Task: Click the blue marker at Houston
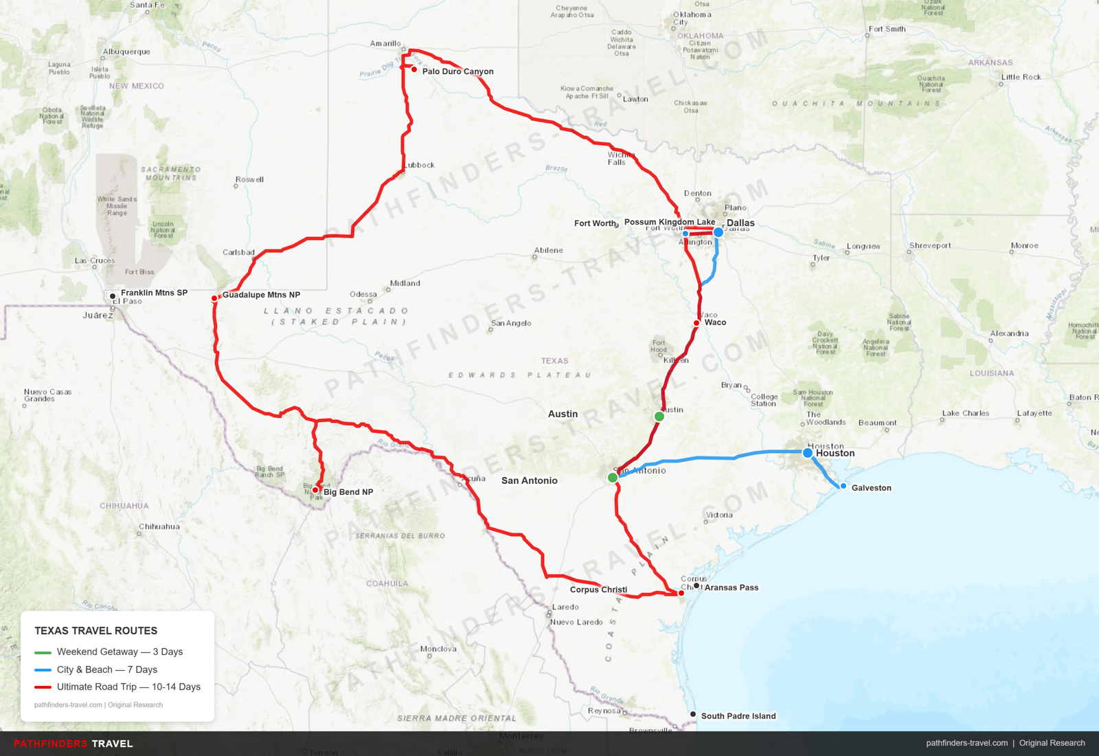click(x=808, y=453)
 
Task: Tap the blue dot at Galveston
click(x=843, y=486)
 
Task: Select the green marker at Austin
click(x=659, y=416)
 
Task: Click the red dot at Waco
click(x=696, y=323)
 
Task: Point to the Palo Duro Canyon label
click(x=457, y=71)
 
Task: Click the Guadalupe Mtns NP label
click(x=261, y=295)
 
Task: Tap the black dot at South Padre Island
click(x=693, y=715)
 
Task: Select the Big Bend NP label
click(x=348, y=492)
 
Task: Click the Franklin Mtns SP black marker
click(x=113, y=296)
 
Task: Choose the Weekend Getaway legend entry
click(x=120, y=652)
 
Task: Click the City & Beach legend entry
click(x=106, y=669)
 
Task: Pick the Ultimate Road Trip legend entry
click(x=128, y=687)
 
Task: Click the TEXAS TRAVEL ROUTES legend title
click(x=96, y=631)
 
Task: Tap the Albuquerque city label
click(x=126, y=52)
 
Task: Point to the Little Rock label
click(x=1021, y=77)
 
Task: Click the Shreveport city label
click(x=930, y=245)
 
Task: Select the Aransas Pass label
click(x=732, y=588)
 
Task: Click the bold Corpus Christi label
click(x=598, y=590)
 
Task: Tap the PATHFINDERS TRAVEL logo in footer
click(x=73, y=744)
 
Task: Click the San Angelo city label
click(x=511, y=323)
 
